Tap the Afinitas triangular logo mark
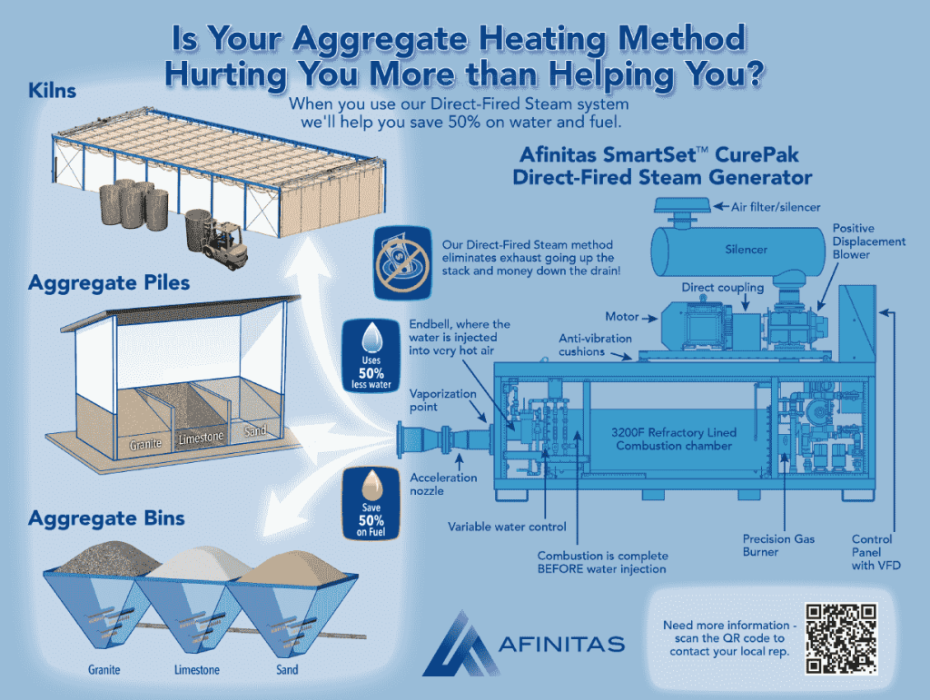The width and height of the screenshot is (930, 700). [x=459, y=644]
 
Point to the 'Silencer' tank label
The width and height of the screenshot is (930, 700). [x=745, y=249]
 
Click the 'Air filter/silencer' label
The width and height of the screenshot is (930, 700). [x=779, y=207]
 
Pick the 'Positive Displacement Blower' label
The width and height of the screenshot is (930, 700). [x=868, y=242]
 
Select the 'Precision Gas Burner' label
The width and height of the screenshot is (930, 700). [x=778, y=545]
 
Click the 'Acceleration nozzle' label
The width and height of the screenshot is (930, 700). [x=443, y=484]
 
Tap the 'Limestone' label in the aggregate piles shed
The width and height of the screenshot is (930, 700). [x=201, y=439]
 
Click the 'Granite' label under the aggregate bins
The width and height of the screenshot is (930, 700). [x=104, y=671]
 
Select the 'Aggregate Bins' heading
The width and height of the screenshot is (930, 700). [x=106, y=518]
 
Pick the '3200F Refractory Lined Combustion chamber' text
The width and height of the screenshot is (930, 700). [x=672, y=439]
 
